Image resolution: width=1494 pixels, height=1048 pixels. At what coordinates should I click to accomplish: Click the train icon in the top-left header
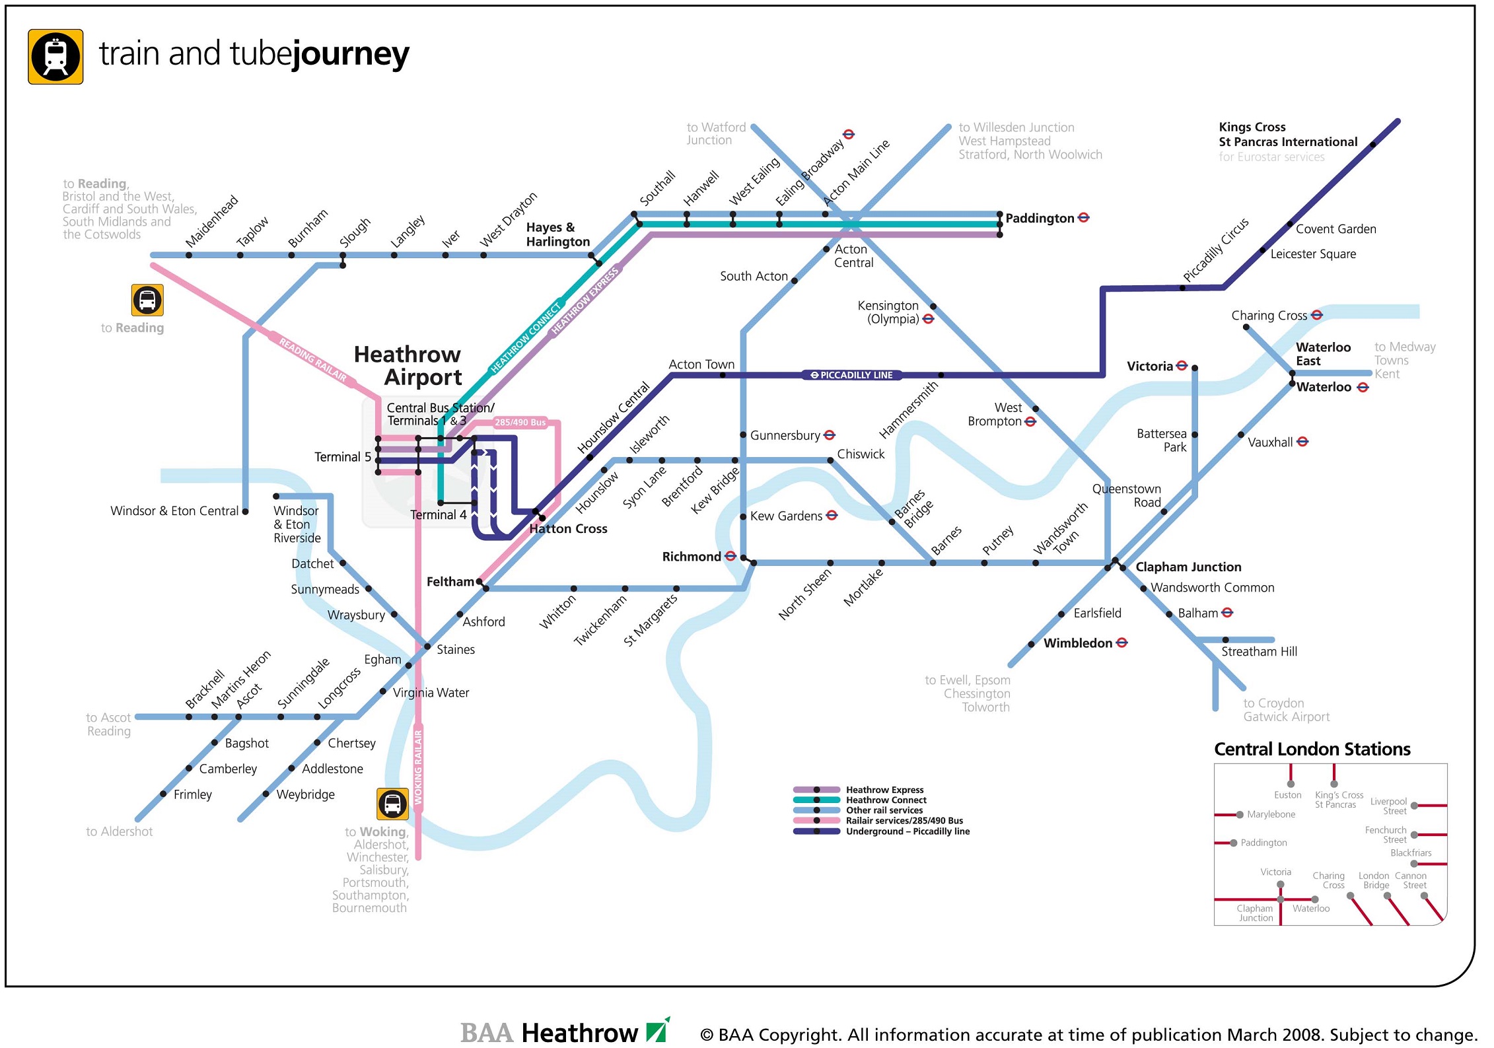(x=55, y=57)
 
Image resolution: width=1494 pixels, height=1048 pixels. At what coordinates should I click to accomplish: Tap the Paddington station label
(x=1040, y=219)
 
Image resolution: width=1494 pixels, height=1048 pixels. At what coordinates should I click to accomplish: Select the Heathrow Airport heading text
(x=408, y=365)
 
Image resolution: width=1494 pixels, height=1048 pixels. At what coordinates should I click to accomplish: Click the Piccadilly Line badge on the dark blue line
(x=852, y=375)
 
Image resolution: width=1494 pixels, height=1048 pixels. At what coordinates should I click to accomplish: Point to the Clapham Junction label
(x=1188, y=567)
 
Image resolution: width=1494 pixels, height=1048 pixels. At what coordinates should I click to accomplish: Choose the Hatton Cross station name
(x=568, y=529)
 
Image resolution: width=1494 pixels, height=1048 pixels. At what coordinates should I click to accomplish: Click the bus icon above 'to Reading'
(x=147, y=300)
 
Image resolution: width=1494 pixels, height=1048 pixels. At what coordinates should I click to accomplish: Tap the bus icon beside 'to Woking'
(x=392, y=804)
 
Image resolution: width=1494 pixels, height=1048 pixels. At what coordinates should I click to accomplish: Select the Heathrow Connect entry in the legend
(x=886, y=800)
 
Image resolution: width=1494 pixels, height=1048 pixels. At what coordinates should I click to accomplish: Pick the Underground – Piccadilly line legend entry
(x=907, y=831)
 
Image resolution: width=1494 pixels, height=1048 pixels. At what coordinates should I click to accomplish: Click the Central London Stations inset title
(x=1312, y=750)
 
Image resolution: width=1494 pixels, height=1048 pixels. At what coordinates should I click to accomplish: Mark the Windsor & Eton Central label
(x=174, y=511)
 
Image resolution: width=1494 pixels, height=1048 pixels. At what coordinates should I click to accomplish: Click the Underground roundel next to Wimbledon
(x=1121, y=643)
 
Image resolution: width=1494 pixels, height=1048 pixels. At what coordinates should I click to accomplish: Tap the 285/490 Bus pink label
(x=520, y=423)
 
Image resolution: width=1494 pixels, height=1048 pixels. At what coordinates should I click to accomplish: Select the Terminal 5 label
(x=342, y=457)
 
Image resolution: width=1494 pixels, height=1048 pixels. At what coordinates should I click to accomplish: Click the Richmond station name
(x=691, y=557)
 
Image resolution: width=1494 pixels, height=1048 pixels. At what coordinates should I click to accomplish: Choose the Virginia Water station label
(x=431, y=693)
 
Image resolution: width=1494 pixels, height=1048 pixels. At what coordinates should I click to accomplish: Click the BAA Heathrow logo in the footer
(x=565, y=1032)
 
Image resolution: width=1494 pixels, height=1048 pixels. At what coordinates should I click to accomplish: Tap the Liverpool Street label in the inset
(x=1388, y=806)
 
